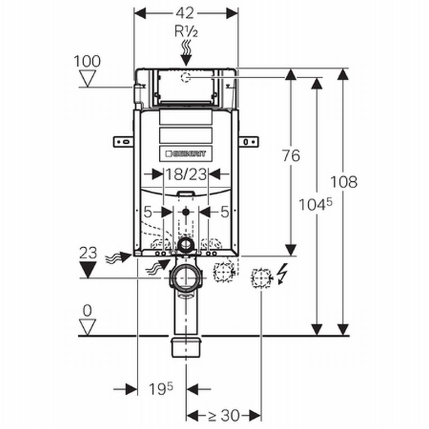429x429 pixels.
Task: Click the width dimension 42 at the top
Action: (186, 12)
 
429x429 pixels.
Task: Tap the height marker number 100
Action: (87, 61)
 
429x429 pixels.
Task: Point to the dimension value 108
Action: (344, 182)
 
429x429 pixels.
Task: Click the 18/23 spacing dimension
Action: (186, 174)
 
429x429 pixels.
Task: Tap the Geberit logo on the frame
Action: (186, 153)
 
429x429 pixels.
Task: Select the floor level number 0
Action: (87, 310)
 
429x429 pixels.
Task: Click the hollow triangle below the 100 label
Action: (87, 79)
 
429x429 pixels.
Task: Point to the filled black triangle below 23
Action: (87, 271)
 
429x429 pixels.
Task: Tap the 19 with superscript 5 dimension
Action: (161, 388)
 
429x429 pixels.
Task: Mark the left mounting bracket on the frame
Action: (123, 141)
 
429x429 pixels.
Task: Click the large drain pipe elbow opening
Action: (186, 278)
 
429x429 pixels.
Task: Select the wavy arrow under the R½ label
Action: (186, 51)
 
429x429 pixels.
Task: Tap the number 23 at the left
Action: (87, 253)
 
